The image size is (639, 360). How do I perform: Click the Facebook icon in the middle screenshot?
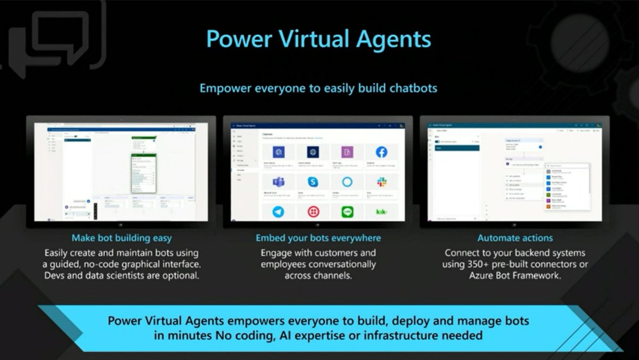pos(381,152)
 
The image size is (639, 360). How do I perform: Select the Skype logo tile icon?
pos(313,182)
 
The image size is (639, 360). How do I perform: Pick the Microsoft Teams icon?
pos(278,182)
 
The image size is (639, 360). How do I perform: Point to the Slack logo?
pos(381,182)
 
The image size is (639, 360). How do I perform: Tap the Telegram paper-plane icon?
pos(278,211)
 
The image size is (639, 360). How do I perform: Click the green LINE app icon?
pos(347,211)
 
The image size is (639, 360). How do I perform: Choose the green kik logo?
pos(381,211)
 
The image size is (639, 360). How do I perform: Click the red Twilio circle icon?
pos(313,211)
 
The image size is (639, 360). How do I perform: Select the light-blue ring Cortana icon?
pos(347,182)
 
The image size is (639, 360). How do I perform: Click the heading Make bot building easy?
pos(121,238)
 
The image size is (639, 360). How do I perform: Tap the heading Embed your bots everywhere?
pos(318,238)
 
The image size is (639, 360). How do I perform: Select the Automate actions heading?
pos(515,238)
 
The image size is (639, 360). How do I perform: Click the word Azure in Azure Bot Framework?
pos(482,276)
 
